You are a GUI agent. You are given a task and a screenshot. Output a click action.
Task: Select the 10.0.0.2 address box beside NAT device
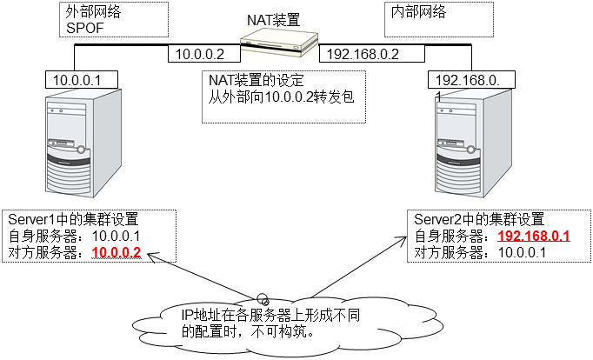(x=201, y=54)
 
